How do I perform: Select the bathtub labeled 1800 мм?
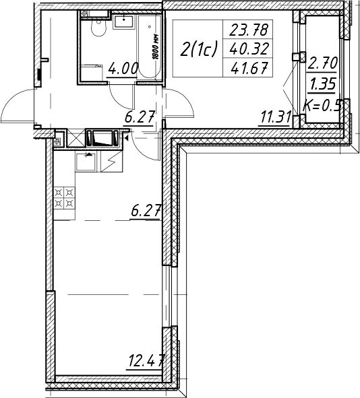150,47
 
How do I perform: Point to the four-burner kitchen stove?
64,198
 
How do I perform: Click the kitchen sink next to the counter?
86,162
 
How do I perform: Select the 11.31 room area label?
276,118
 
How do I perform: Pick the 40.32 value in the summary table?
249,49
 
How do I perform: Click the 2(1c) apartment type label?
198,49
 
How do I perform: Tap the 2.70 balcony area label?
322,63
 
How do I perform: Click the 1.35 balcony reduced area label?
322,84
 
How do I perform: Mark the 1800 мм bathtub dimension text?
156,47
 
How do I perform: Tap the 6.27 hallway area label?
140,118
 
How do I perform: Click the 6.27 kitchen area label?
146,211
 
